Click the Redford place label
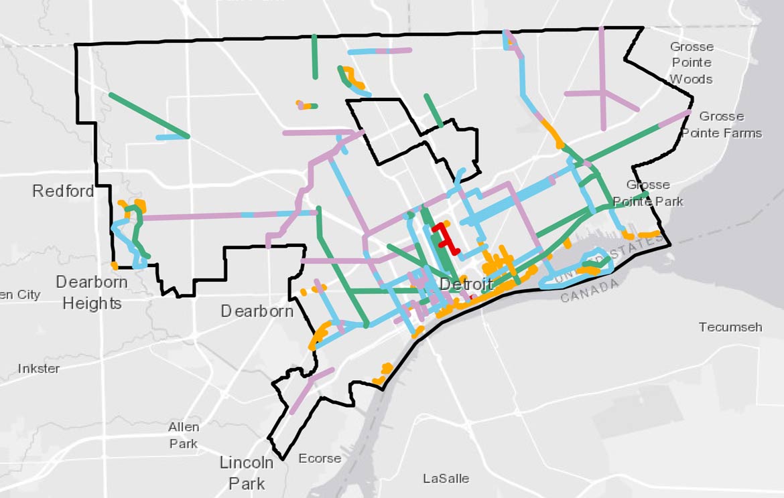point(63,191)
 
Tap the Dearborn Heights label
point(92,293)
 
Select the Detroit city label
point(466,284)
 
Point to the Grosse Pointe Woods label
point(692,63)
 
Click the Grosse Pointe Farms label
point(722,124)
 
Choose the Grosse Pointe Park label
point(648,193)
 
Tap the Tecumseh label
point(730,327)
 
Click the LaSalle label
point(446,479)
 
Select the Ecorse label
point(320,459)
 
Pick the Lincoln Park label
point(247,473)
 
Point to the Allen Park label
point(183,435)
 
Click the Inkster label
point(39,369)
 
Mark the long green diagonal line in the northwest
point(149,115)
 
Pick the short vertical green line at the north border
point(314,56)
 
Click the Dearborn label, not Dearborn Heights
point(257,311)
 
